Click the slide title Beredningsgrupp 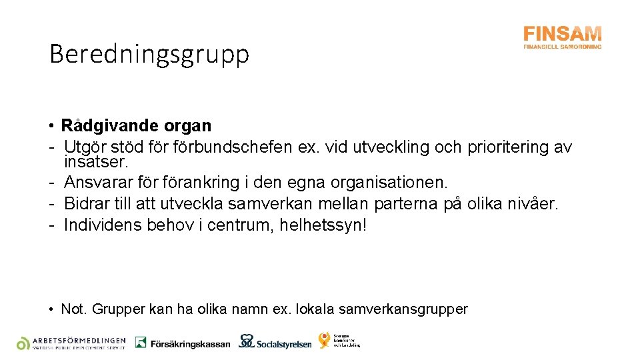pos(149,54)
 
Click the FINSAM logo pos(562,37)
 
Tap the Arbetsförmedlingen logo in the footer pos(71,343)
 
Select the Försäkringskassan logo pos(182,343)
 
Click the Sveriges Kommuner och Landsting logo pos(339,340)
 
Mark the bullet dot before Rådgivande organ pos(51,126)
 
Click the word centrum pos(232,225)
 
